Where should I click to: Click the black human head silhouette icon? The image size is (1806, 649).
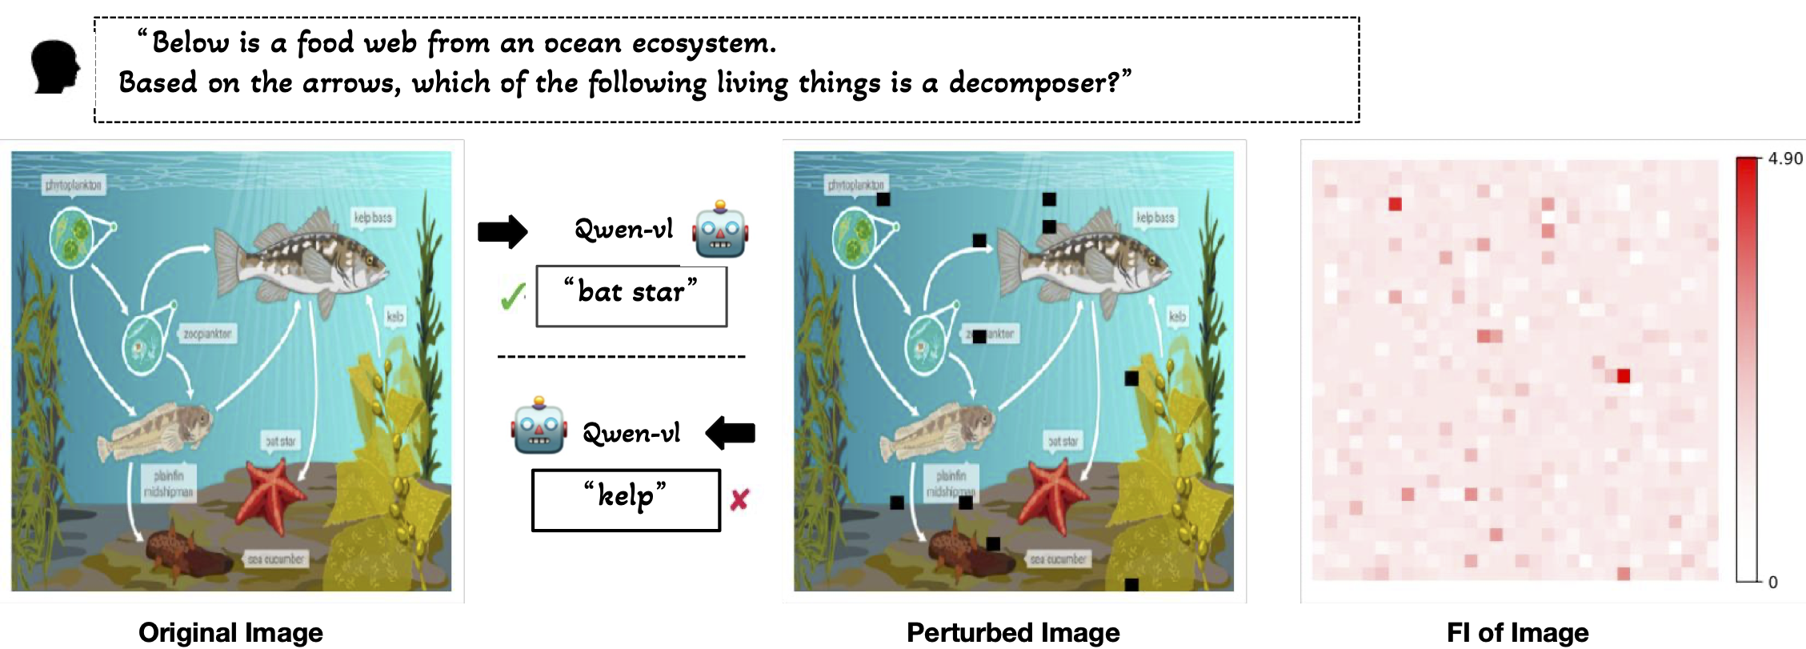tap(55, 67)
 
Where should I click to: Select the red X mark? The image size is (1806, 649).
tap(739, 500)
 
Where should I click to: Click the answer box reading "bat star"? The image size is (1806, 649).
tap(631, 296)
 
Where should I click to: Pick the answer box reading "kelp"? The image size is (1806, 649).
tap(626, 500)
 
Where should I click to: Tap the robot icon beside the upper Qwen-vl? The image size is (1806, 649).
tap(720, 230)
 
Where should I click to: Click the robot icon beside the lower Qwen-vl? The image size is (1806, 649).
tap(539, 426)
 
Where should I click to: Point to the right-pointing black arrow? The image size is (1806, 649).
tap(503, 232)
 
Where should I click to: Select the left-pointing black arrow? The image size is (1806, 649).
tap(730, 433)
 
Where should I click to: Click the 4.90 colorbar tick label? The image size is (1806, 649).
tap(1784, 158)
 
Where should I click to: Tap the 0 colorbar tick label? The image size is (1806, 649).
tap(1772, 583)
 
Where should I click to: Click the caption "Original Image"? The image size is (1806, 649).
tap(230, 632)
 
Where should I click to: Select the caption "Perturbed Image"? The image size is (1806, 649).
tap(1013, 632)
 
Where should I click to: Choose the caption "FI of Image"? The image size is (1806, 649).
tap(1517, 632)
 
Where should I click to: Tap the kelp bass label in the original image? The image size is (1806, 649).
tap(373, 218)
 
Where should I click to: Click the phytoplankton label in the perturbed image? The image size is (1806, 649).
tap(855, 186)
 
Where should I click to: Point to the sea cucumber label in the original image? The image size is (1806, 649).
tap(275, 559)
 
